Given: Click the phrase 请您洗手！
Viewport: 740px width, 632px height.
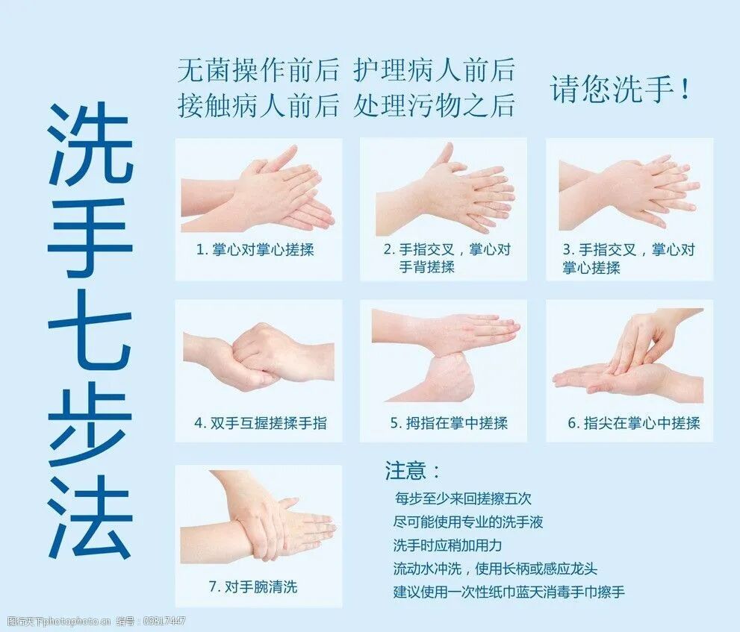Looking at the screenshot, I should tap(621, 89).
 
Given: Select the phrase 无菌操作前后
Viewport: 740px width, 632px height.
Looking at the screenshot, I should tap(258, 70).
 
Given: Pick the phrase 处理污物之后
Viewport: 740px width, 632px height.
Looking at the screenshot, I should tap(435, 105).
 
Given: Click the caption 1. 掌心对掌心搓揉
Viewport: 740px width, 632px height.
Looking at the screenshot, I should tap(255, 250).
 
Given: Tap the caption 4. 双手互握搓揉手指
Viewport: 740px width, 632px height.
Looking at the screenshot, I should tap(260, 423).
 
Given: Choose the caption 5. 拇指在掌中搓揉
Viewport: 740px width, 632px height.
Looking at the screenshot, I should tap(449, 423).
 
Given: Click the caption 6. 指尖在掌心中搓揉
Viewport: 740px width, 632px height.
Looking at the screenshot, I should tap(633, 423).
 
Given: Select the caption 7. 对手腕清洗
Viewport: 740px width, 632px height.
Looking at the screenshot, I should tap(252, 586).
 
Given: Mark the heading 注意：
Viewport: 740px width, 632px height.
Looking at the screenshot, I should tap(413, 470).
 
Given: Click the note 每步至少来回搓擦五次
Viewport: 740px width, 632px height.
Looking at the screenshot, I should tap(463, 498).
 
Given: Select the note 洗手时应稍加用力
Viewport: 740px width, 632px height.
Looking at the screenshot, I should tap(448, 545).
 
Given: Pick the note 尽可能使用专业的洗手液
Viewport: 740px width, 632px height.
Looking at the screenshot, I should tap(468, 522).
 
